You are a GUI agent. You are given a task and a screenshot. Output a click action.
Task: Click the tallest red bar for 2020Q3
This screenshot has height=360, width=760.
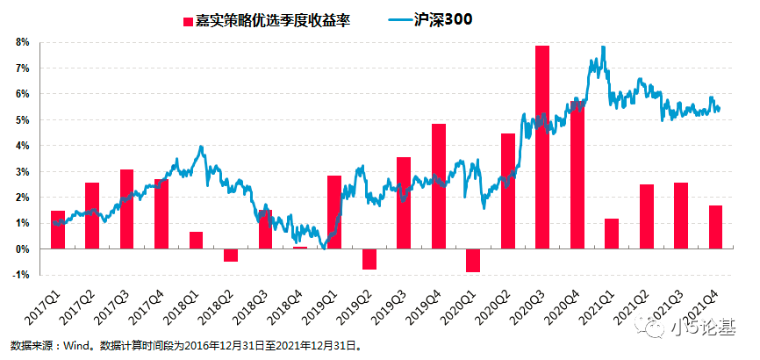(x=542, y=147)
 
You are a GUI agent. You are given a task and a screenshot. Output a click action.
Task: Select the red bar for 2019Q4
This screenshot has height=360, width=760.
(x=439, y=186)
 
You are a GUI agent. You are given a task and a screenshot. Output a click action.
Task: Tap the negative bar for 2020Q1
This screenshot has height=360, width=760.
(x=473, y=261)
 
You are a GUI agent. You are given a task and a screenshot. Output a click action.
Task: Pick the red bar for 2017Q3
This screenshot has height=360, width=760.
(x=127, y=209)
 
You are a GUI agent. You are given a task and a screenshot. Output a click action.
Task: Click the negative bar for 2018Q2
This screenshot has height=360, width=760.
(x=231, y=256)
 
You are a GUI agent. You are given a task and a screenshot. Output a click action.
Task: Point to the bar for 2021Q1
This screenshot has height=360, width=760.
(x=612, y=234)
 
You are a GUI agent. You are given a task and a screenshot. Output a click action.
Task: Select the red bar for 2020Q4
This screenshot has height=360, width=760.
(x=577, y=175)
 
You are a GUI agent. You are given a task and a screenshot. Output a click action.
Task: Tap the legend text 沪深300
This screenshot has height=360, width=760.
(x=442, y=20)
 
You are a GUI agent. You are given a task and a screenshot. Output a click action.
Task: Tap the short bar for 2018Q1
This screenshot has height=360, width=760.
(x=197, y=240)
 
